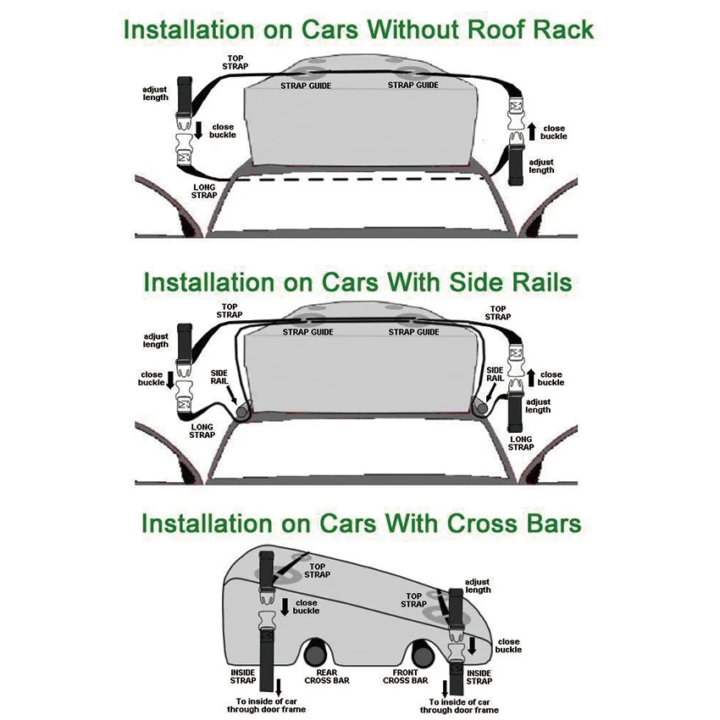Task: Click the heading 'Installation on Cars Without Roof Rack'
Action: coord(358,29)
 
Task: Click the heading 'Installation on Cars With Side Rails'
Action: coord(358,282)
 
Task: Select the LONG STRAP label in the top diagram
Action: coord(205,191)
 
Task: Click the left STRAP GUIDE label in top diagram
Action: coord(306,86)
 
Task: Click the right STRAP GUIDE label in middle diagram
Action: coord(413,332)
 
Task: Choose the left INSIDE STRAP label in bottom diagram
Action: coord(243,676)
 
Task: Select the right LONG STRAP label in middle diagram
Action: coord(520,443)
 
